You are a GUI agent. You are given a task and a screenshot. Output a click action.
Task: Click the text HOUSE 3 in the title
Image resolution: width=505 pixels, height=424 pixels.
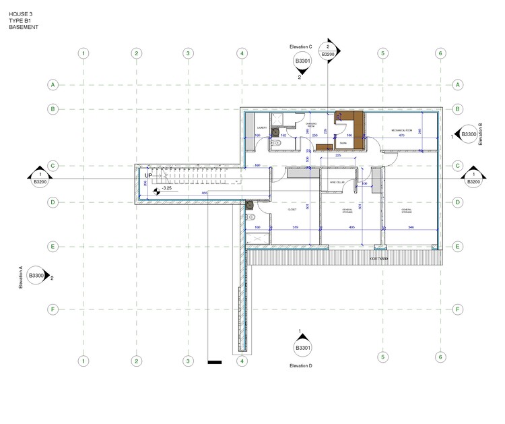coord(20,13)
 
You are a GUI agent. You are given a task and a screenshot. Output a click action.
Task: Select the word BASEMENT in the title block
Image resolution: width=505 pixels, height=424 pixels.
coord(24,28)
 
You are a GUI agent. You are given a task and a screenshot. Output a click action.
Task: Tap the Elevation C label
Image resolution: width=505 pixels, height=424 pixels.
coord(301,47)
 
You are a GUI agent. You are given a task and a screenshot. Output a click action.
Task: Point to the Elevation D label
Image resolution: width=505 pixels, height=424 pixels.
coord(301,365)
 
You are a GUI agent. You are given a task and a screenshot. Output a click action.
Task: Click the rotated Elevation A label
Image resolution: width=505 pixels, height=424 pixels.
coord(21,277)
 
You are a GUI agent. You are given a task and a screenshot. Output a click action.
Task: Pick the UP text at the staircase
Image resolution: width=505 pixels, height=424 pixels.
coord(148,175)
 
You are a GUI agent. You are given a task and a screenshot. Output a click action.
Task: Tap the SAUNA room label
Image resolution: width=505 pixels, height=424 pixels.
coord(343,144)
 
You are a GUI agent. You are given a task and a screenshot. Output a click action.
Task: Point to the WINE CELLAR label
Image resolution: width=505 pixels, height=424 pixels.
coord(337,182)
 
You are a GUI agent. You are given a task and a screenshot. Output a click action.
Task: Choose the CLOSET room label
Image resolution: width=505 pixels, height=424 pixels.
coord(292,210)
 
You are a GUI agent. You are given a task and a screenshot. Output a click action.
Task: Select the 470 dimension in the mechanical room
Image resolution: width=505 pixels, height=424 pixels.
coord(401,136)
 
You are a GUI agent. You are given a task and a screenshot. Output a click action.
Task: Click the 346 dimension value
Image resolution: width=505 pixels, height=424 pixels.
coord(411,228)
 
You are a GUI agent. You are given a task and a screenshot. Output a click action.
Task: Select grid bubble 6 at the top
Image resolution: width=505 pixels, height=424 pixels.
coord(440,53)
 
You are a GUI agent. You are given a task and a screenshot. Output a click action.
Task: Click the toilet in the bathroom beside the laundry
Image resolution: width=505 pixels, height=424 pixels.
coord(275,143)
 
